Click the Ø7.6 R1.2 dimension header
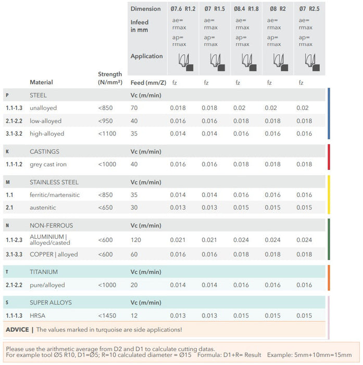(183, 9)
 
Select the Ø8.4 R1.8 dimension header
(246, 9)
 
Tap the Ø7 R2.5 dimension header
(309, 9)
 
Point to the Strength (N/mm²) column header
(109, 78)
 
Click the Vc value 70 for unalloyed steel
(134, 108)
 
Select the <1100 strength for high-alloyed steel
(108, 133)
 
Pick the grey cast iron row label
(48, 164)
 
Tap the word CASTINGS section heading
(44, 152)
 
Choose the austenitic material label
(43, 206)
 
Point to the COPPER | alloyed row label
(54, 254)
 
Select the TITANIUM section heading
(44, 272)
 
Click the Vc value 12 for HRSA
(134, 315)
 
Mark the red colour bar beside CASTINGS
(329, 157)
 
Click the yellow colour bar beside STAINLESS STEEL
(329, 194)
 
